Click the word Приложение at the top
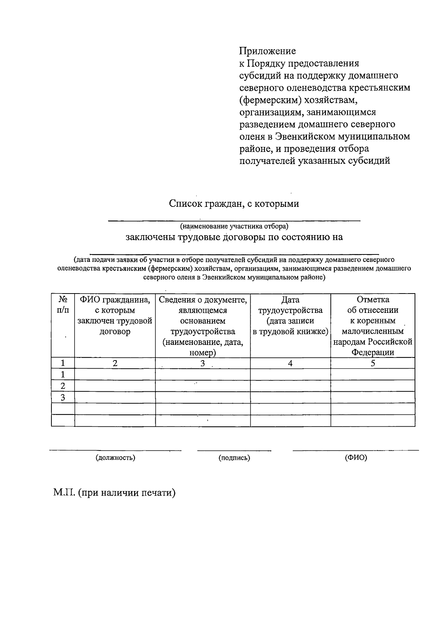(x=267, y=51)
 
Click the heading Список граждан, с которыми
(x=234, y=204)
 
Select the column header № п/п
(x=63, y=305)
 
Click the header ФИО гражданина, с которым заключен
(x=115, y=315)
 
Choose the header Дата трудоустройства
(x=290, y=315)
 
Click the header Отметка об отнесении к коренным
(x=373, y=326)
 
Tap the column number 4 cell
(x=290, y=363)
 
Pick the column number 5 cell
(x=373, y=363)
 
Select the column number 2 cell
(x=115, y=363)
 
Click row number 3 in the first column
(x=63, y=398)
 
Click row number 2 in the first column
(x=63, y=386)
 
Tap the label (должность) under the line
(x=115, y=458)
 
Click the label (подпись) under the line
(x=234, y=458)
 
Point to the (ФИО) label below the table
(x=356, y=458)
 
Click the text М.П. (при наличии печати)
(x=114, y=493)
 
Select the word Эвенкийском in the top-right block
(x=305, y=137)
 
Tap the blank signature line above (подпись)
(x=234, y=451)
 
